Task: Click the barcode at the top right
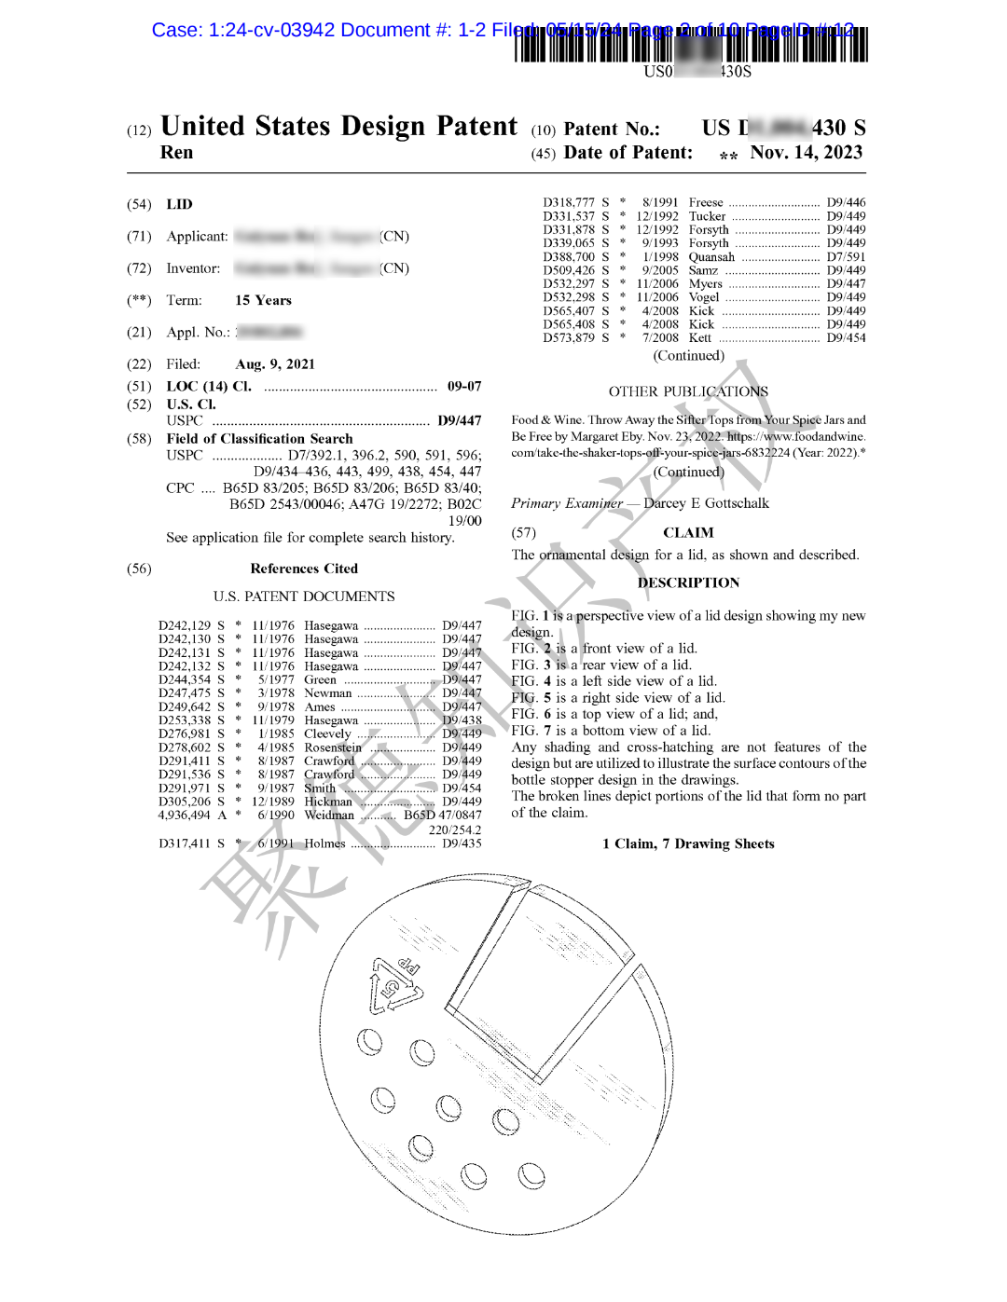pos(690,44)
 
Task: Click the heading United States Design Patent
pos(338,127)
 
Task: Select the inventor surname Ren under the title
pos(176,153)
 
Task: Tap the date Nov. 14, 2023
pos(806,153)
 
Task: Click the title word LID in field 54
pos(179,204)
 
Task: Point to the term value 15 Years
pos(263,300)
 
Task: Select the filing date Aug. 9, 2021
pos(275,364)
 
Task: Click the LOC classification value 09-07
pos(463,386)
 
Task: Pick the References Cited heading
pos(304,569)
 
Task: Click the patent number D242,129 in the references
pos(185,625)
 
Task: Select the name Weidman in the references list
pos(329,815)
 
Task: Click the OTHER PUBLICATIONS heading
pos(688,391)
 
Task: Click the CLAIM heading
pos(688,533)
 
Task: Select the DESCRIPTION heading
pos(688,582)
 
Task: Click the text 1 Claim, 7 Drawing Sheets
pos(688,843)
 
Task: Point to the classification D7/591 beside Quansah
pos(846,257)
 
